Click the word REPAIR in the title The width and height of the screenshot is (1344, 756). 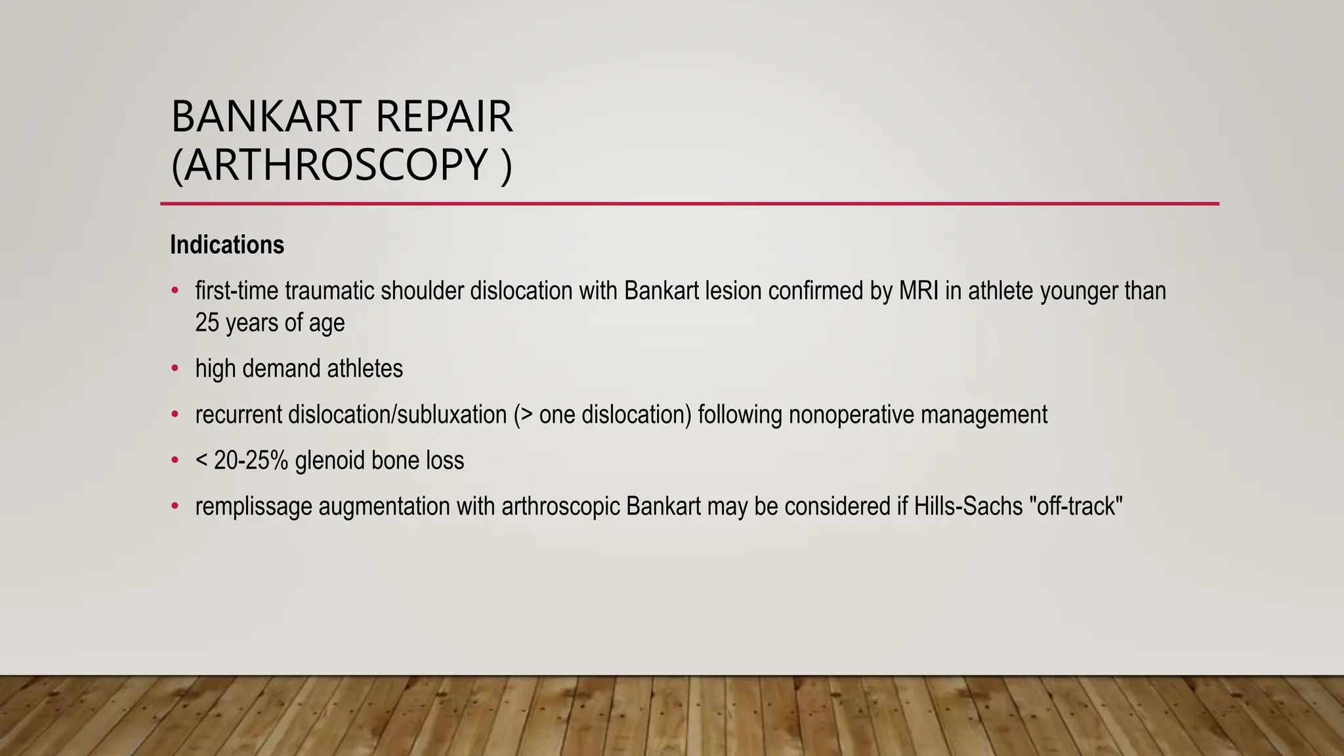point(444,117)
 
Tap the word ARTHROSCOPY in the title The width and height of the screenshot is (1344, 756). point(335,165)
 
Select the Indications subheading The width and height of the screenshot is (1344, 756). point(227,245)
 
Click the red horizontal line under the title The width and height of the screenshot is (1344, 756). point(689,203)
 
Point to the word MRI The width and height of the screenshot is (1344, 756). point(918,291)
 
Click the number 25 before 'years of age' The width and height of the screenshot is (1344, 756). point(207,323)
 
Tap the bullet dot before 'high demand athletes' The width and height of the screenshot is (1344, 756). point(175,368)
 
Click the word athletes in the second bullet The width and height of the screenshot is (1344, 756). point(365,369)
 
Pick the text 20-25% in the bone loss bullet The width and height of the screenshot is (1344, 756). point(251,461)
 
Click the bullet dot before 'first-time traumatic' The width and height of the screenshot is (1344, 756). point(175,290)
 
